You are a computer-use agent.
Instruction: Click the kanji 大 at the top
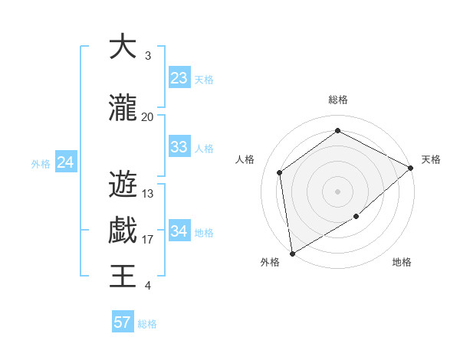[x=123, y=47]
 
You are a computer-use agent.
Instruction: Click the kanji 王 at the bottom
[x=123, y=276]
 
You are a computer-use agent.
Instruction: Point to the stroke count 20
[x=148, y=117]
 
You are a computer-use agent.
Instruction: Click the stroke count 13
[x=148, y=194]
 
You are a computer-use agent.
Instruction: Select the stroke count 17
[x=148, y=240]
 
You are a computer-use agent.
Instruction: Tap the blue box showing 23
[x=179, y=78]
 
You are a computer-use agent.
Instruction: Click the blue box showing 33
[x=179, y=147]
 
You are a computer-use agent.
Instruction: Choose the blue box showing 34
[x=179, y=231]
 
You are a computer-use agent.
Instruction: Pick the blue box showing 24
[x=66, y=162]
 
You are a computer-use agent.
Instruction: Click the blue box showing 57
[x=123, y=322]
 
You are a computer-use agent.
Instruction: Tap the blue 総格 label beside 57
[x=148, y=323]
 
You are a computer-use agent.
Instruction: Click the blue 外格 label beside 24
[x=41, y=163]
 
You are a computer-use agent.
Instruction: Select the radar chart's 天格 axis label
[x=431, y=159]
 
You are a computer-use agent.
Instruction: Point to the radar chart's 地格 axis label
[x=402, y=262]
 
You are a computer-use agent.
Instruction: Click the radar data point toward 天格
[x=411, y=168]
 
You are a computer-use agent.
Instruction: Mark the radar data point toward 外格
[x=292, y=253]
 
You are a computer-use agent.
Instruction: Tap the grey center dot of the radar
[x=337, y=191]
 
